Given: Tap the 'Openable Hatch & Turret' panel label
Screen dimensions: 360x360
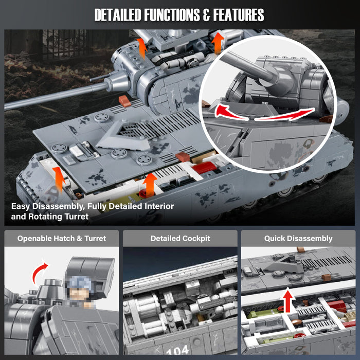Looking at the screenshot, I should point(62,238).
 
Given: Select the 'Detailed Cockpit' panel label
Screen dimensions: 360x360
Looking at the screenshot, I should point(180,238).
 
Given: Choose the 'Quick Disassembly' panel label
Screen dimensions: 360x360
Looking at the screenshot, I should point(298,238).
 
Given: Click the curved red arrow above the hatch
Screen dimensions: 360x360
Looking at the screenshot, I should point(41,272).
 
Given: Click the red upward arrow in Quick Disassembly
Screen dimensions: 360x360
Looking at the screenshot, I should point(289,301).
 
